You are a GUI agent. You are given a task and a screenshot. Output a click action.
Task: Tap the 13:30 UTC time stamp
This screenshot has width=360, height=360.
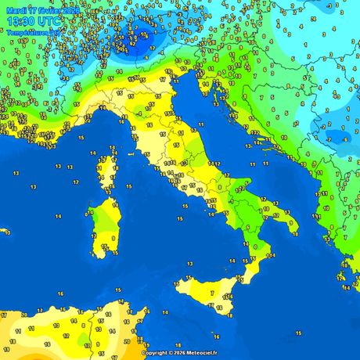point(34,23)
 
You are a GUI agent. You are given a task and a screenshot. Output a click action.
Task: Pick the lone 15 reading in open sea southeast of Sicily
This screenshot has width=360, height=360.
point(298,333)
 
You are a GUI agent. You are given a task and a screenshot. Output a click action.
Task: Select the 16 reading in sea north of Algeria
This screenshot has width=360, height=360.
point(60,293)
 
